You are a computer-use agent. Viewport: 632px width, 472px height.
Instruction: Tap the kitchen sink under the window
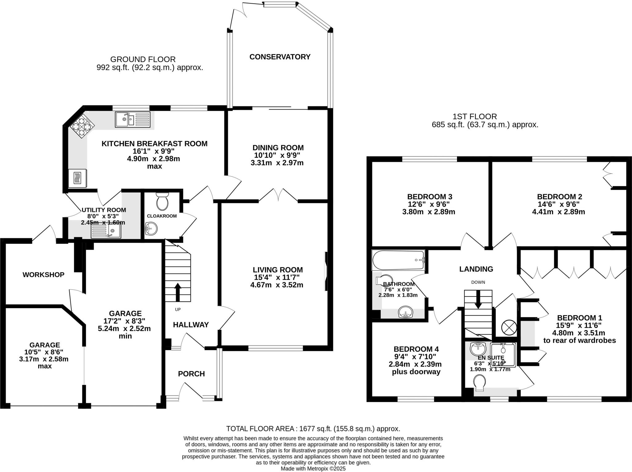click(x=133, y=119)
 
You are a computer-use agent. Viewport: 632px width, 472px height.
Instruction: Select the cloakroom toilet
click(x=162, y=202)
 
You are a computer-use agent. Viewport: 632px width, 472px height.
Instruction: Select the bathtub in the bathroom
click(x=398, y=260)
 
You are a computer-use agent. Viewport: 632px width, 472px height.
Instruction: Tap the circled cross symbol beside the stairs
click(x=509, y=328)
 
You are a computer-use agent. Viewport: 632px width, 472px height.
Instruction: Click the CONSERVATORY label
click(x=280, y=57)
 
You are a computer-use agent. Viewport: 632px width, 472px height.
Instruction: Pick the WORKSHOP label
click(x=44, y=275)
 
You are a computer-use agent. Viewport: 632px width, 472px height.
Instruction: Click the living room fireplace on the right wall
click(x=326, y=271)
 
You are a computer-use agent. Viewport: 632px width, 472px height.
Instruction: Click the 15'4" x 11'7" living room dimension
click(x=276, y=277)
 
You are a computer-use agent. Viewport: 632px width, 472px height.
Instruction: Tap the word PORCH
click(x=191, y=374)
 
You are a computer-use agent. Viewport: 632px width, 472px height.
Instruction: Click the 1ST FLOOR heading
click(x=475, y=117)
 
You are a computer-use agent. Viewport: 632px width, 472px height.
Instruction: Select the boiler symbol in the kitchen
click(x=77, y=178)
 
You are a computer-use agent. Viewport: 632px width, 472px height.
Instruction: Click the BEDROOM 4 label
click(x=416, y=349)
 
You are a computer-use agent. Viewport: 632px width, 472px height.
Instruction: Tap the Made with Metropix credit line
click(x=313, y=469)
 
